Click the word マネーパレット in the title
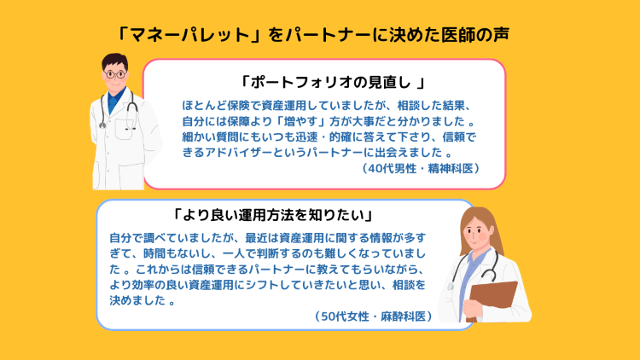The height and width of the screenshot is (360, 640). (x=189, y=35)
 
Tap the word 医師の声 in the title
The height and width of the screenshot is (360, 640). (x=475, y=35)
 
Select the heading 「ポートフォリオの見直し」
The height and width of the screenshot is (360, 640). (x=331, y=83)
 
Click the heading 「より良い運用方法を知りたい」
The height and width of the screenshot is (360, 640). (x=273, y=215)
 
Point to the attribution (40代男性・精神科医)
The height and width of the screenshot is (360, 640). (x=421, y=168)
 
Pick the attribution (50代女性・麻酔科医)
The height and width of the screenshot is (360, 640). (x=374, y=316)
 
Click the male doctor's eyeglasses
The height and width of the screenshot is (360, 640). (x=114, y=74)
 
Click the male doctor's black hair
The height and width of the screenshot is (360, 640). (x=114, y=61)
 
